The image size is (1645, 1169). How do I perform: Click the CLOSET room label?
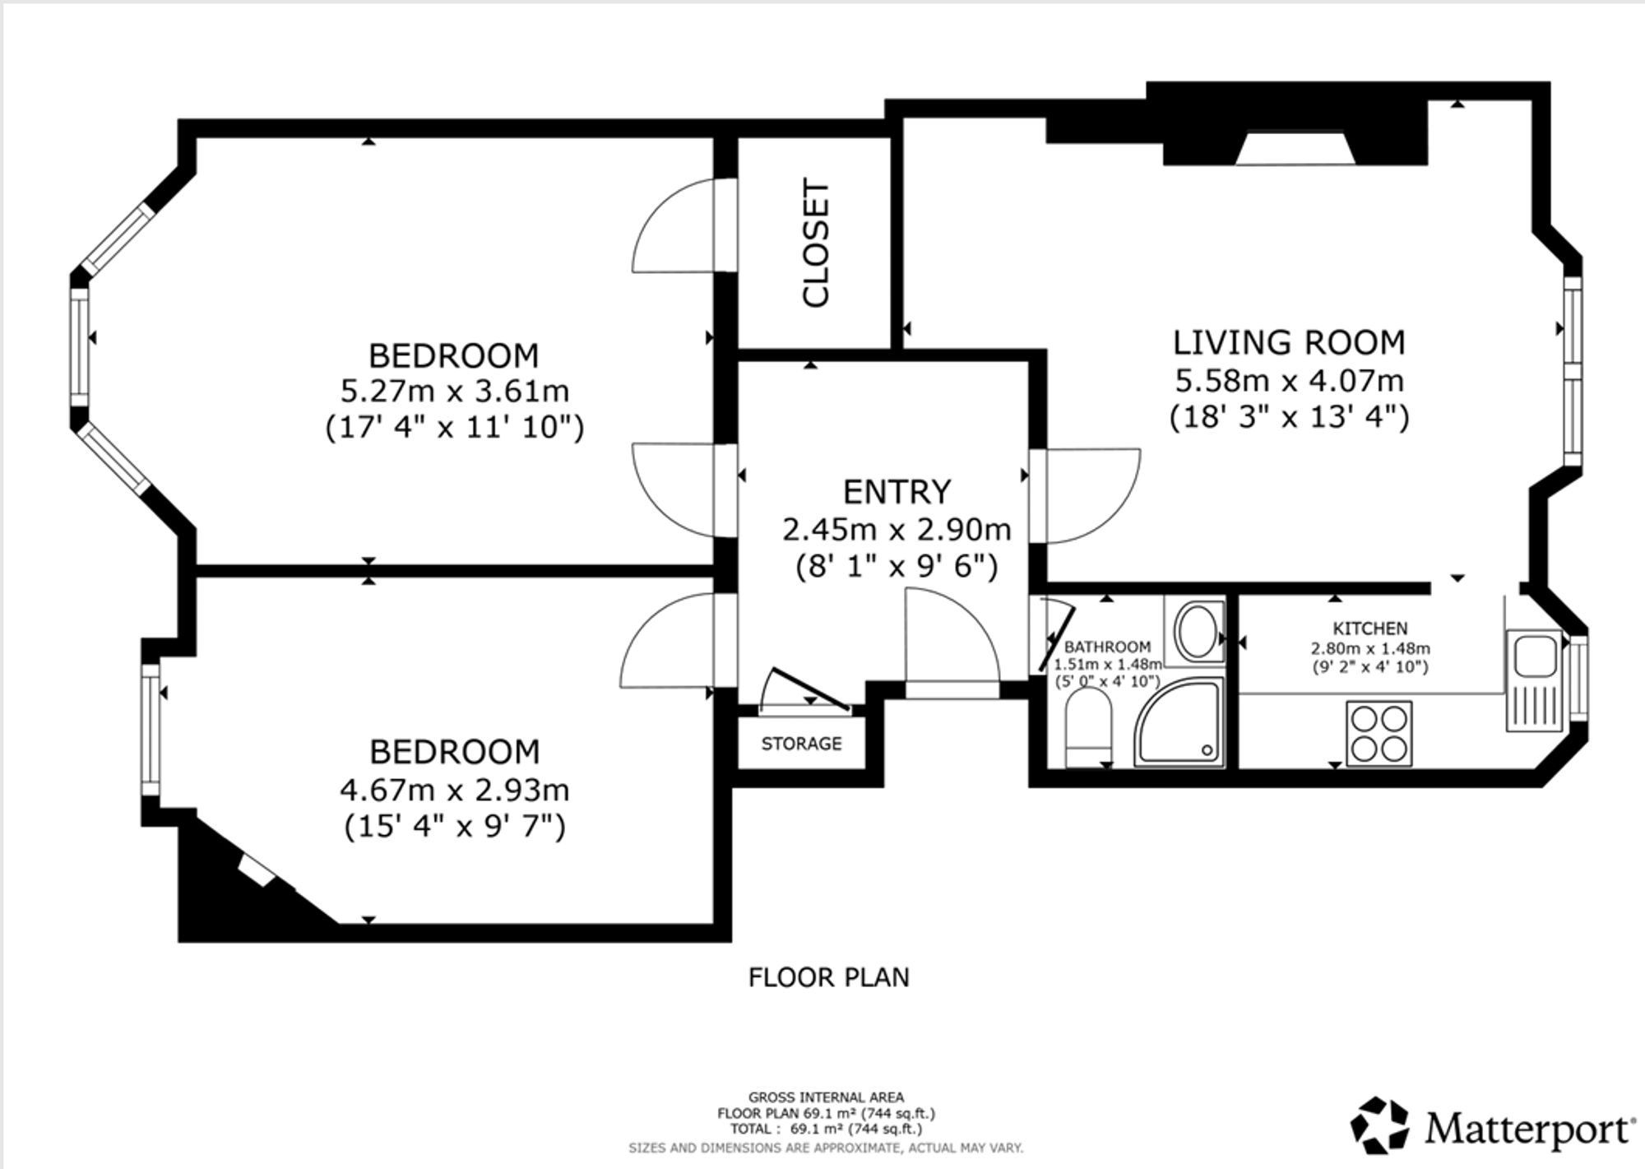pos(816,244)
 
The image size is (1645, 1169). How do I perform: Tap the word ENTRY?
pos(897,492)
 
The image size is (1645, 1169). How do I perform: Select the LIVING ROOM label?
pos(1289,343)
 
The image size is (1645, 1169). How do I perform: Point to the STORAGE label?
pos(801,744)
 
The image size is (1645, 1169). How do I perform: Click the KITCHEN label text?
pos(1370,629)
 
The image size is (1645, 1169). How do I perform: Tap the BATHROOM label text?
pos(1107,647)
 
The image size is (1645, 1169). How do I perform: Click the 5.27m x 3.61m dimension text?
pos(455,391)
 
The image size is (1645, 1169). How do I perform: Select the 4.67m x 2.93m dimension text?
pos(455,790)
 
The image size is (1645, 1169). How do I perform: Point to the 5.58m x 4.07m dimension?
pos(1289,381)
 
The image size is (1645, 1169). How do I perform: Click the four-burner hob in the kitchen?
pos(1379,734)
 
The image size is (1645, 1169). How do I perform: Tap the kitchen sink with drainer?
pos(1534,680)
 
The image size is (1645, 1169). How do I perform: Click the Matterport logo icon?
pos(1381,1125)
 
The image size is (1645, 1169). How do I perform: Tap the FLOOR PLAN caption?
pos(829,977)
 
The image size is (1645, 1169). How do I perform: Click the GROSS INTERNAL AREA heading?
pos(826,1097)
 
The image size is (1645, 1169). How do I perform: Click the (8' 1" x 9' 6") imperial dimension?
pos(897,567)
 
